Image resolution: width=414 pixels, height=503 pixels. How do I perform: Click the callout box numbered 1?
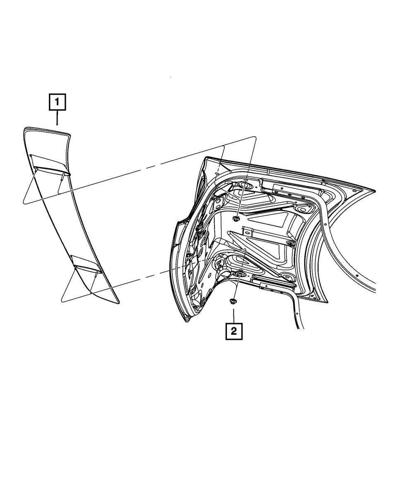tap(57, 102)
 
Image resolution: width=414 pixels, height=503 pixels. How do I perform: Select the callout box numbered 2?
tap(234, 331)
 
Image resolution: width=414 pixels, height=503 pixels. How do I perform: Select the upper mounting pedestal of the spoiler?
tap(49, 164)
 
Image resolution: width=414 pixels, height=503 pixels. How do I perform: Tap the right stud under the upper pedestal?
tap(63, 177)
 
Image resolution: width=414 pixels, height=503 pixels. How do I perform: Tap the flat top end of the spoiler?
tap(46, 132)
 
